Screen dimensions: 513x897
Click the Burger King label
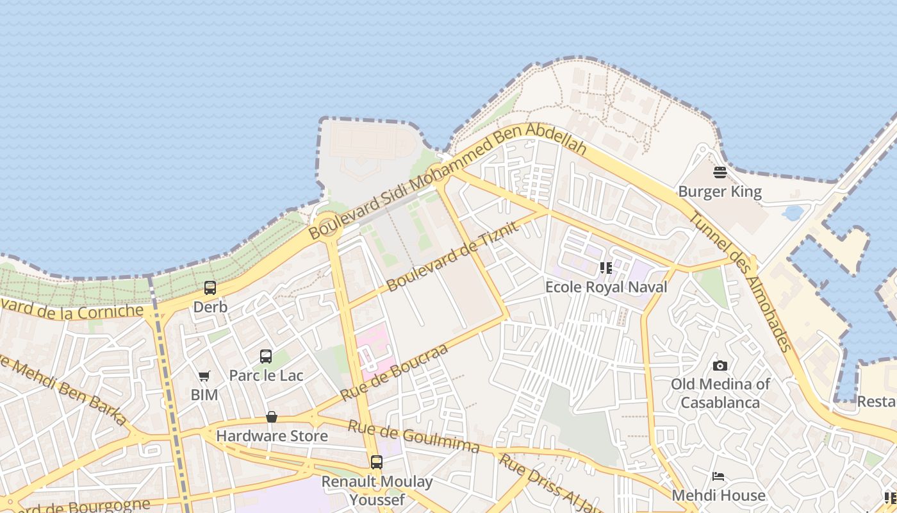point(720,192)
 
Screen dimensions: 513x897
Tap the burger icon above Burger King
point(720,172)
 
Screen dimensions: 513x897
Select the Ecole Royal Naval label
point(605,287)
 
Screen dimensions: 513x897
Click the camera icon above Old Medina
point(720,366)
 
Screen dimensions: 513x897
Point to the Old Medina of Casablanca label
point(720,393)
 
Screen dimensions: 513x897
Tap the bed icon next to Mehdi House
point(718,476)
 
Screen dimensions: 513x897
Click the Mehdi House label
point(718,496)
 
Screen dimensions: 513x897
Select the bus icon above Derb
point(210,288)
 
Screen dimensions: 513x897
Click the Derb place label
point(210,307)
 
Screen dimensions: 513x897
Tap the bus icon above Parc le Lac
point(266,356)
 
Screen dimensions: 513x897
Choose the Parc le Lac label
point(266,375)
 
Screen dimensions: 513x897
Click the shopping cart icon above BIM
point(204,376)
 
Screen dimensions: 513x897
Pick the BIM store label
point(204,395)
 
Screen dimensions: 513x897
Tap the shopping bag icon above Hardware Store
point(272,417)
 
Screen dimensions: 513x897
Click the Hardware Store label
point(272,436)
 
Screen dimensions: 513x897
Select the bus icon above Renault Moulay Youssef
point(377,462)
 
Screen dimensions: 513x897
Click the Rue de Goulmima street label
point(413,437)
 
